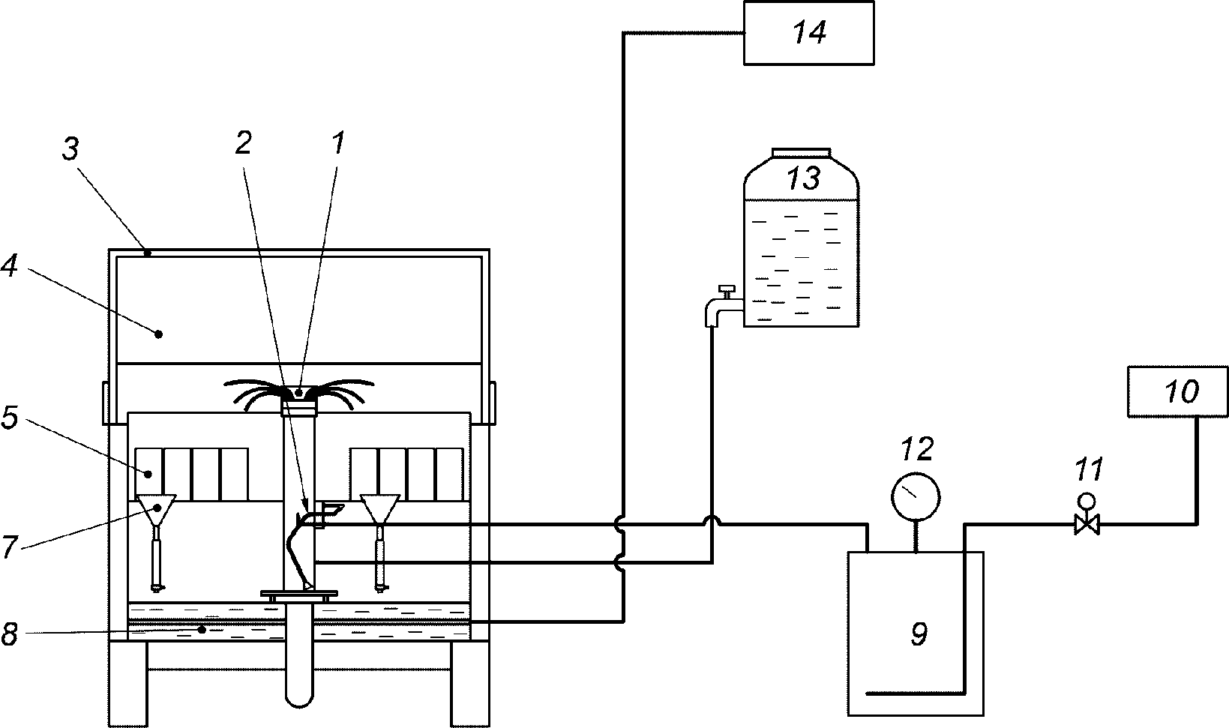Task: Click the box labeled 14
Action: [809, 33]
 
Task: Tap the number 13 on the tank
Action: [803, 178]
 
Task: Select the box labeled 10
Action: [1177, 391]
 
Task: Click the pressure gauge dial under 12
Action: [915, 497]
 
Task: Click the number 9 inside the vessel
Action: [919, 634]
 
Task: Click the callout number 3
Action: [70, 148]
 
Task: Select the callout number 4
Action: [9, 267]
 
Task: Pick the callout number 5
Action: [9, 418]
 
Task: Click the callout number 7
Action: [9, 547]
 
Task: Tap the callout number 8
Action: [9, 634]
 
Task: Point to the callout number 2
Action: [243, 142]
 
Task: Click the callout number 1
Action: [338, 142]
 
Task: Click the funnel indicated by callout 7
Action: [157, 508]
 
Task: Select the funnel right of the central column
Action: [379, 508]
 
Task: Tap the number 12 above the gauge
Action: [917, 449]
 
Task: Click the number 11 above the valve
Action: [1089, 469]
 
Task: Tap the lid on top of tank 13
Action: [801, 152]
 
